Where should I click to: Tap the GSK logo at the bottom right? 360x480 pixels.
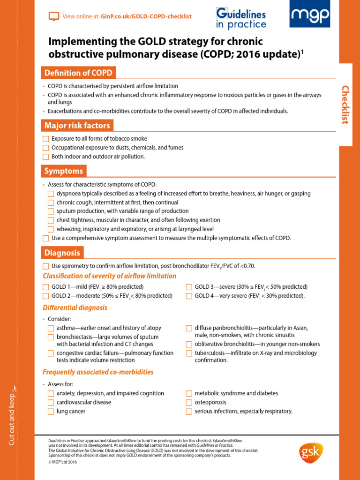(311, 453)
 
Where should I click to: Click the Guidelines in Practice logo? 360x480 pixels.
(241, 19)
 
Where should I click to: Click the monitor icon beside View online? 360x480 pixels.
(54, 16)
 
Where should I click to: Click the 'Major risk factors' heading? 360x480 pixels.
(77, 125)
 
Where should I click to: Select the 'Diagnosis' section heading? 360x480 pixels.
(62, 253)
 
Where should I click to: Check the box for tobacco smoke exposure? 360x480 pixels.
(45, 139)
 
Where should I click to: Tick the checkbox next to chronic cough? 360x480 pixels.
(51, 202)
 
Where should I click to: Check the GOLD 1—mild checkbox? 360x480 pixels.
(45, 287)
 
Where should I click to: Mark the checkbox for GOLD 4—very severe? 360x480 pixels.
(189, 296)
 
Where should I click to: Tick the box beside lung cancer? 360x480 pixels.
(51, 412)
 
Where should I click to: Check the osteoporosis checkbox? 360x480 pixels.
(189, 402)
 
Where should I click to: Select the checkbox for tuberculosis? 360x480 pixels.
(189, 353)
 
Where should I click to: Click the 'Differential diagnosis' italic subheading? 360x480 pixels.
(75, 308)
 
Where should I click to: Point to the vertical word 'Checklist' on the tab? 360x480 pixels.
(345, 105)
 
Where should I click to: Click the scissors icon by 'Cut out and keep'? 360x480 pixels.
(14, 388)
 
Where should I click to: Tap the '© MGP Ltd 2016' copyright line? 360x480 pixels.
(63, 462)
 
